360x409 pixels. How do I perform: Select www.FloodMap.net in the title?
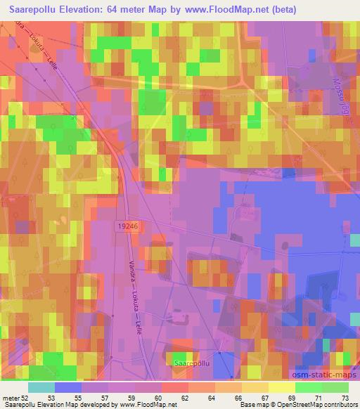point(227,10)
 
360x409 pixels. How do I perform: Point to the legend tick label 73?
point(345,397)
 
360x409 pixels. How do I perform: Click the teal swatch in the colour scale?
point(41,387)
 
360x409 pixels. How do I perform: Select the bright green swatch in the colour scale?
point(309,387)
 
